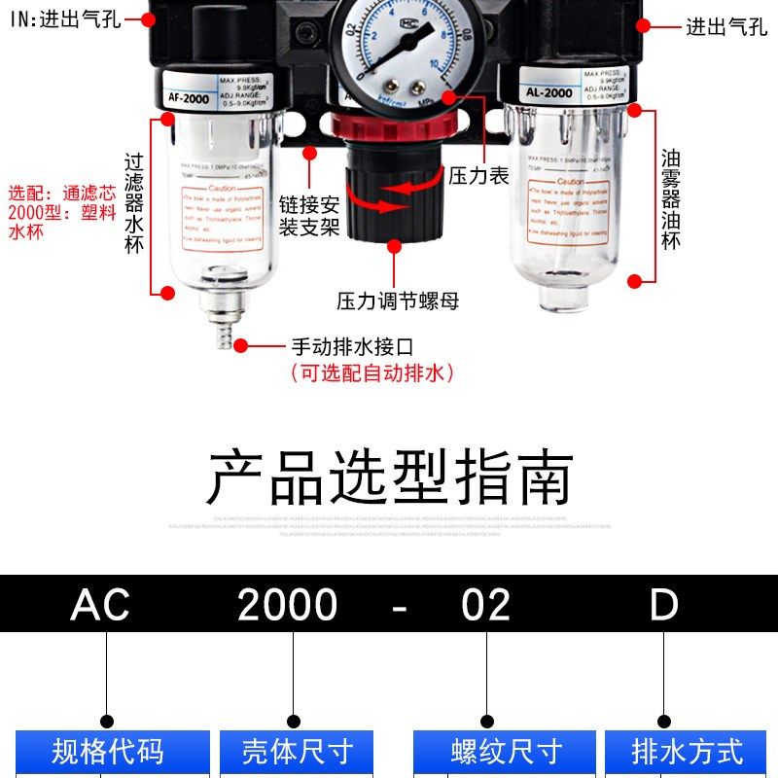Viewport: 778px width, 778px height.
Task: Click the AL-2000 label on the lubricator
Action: (548, 93)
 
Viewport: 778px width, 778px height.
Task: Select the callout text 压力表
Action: (478, 176)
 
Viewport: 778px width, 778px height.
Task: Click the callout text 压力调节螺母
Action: (398, 301)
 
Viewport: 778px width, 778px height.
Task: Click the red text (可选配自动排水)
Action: (372, 373)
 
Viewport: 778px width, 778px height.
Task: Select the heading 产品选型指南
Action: (389, 477)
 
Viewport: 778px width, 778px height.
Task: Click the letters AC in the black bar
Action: (100, 606)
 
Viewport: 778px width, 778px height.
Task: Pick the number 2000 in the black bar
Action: (288, 606)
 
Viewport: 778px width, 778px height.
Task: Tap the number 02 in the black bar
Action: (485, 606)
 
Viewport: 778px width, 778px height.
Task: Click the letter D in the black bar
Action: (664, 606)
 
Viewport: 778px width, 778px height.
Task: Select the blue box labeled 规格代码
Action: (107, 752)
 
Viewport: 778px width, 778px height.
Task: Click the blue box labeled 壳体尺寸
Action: (297, 752)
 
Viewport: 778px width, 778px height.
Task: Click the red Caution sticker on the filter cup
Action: (223, 219)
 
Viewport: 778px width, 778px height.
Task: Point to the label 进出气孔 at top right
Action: (725, 26)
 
